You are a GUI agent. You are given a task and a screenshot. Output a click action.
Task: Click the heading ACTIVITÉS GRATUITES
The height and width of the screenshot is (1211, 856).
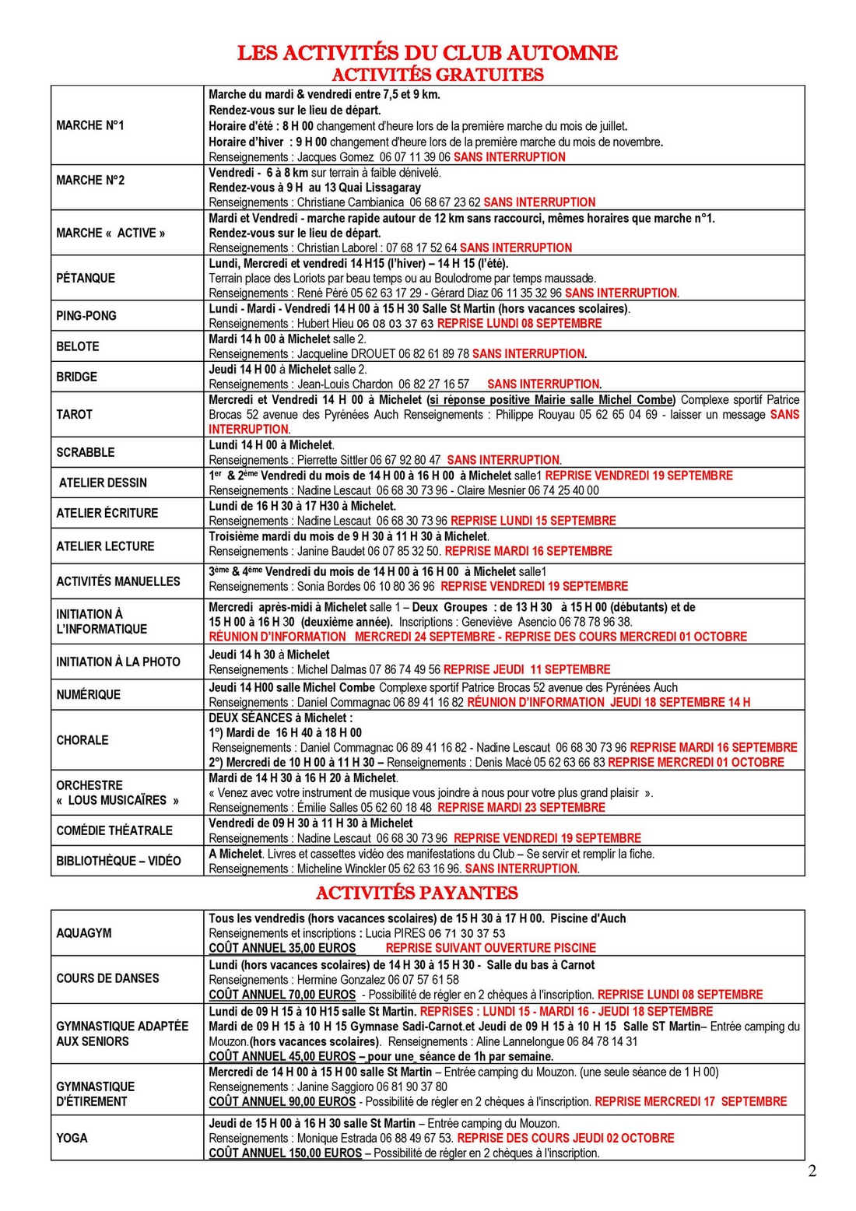(437, 75)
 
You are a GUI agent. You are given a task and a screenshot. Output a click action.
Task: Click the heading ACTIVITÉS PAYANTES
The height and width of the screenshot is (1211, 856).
(417, 893)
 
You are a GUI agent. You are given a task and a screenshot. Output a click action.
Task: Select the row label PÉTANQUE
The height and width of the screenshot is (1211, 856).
(86, 278)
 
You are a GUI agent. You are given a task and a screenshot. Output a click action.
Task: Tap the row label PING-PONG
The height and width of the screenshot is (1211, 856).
(86, 316)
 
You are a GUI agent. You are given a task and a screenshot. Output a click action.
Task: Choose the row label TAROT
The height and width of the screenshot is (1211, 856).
(75, 414)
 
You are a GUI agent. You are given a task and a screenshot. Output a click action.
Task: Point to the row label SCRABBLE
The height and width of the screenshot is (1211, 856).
(86, 452)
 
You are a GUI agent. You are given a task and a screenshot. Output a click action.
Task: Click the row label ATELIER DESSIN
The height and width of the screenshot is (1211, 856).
(103, 483)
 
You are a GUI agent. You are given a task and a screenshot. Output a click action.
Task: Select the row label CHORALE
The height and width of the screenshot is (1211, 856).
(82, 740)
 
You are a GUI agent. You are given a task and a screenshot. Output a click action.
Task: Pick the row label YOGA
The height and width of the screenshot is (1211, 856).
(72, 1138)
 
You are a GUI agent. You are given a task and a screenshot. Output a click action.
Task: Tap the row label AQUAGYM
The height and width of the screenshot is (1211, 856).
(84, 933)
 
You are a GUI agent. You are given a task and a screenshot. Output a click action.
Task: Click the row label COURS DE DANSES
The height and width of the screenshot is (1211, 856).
(107, 978)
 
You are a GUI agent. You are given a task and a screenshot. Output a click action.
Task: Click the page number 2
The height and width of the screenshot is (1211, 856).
(812, 1171)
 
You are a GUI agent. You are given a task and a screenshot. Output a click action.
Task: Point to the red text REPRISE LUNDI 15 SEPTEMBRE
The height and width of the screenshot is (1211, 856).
(533, 521)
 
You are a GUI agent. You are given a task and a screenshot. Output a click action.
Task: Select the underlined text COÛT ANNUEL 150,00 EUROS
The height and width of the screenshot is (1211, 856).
(285, 1153)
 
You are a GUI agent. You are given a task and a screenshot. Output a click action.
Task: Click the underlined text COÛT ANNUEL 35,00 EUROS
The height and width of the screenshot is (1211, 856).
(282, 948)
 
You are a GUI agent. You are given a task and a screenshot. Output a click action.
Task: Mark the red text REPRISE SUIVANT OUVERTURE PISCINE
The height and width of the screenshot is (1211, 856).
(490, 948)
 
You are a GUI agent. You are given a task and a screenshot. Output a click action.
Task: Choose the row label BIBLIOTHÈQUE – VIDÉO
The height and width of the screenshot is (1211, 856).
(118, 861)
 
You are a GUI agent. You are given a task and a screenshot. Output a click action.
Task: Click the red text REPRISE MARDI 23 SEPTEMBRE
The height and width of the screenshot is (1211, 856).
(521, 808)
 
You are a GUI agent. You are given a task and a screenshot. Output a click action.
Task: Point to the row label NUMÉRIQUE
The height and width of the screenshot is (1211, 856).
(89, 694)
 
